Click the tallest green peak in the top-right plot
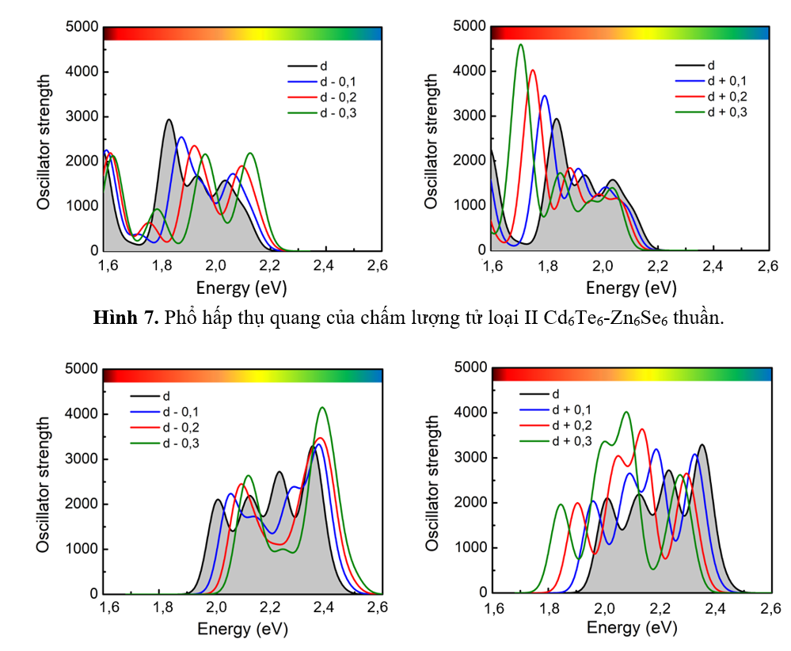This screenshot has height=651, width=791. pos(520,45)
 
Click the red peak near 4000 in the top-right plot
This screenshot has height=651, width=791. pos(533,71)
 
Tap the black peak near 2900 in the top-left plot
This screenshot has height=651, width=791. pos(169,120)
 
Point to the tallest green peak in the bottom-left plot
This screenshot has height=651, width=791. pos(322,409)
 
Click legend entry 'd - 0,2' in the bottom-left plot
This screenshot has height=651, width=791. pos(181,428)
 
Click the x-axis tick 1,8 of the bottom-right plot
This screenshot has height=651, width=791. pos(550,609)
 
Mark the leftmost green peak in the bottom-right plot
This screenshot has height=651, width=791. pos(561,505)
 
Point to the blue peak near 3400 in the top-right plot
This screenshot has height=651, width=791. pos(545,97)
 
